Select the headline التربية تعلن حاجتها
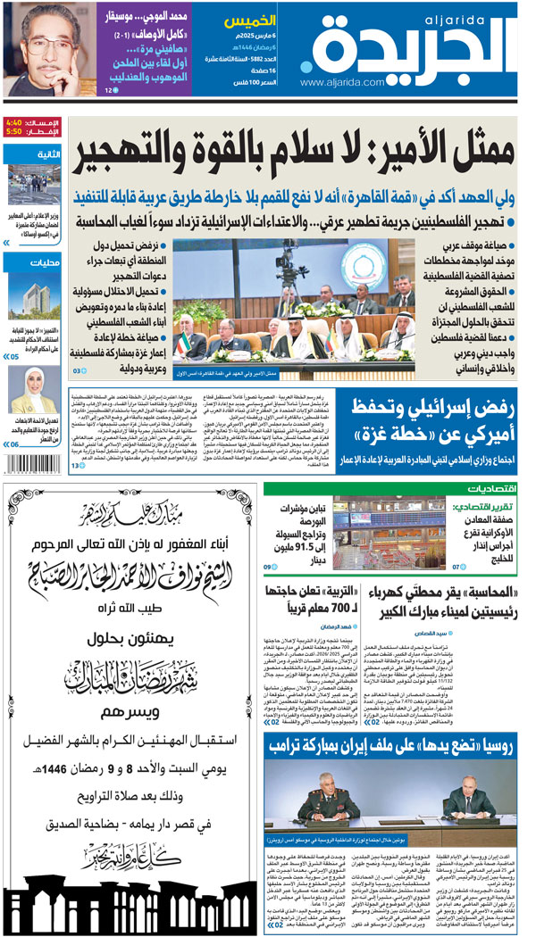click(x=314, y=601)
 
